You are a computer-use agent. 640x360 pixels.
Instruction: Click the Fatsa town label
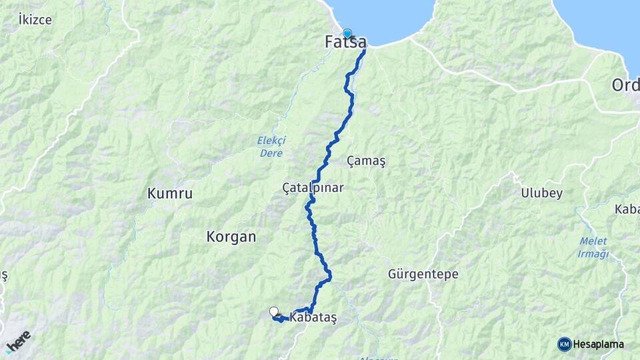pyautogui.click(x=345, y=43)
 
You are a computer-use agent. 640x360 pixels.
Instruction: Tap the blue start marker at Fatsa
pyautogui.click(x=347, y=33)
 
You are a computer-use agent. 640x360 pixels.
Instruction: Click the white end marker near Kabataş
pyautogui.click(x=274, y=311)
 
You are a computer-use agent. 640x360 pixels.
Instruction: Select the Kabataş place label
pyautogui.click(x=313, y=318)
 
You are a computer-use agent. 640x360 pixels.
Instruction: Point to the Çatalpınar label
pyautogui.click(x=313, y=188)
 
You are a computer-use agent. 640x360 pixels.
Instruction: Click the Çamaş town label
pyautogui.click(x=367, y=161)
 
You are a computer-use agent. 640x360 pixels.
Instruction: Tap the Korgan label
pyautogui.click(x=231, y=237)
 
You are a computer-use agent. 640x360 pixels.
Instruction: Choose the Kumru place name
pyautogui.click(x=169, y=194)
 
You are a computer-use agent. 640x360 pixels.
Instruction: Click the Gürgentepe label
pyautogui.click(x=423, y=274)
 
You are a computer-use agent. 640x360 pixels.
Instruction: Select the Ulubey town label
pyautogui.click(x=542, y=193)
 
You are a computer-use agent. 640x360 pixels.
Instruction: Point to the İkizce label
pyautogui.click(x=35, y=19)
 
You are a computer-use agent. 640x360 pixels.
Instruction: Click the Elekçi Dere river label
pyautogui.click(x=271, y=147)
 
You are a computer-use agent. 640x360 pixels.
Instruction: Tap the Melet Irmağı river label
pyautogui.click(x=593, y=248)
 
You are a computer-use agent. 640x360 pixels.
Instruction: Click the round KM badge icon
pyautogui.click(x=565, y=344)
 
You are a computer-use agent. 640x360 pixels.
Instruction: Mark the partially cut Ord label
pyautogui.click(x=626, y=85)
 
